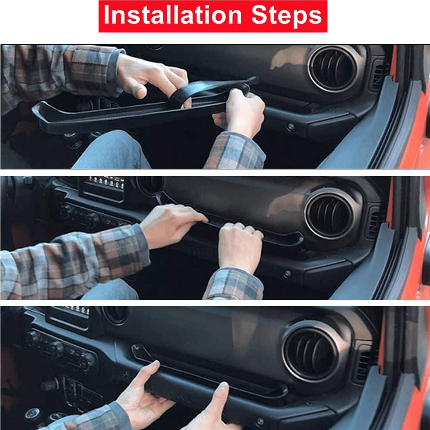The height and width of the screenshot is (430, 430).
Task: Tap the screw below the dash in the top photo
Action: coord(291,126)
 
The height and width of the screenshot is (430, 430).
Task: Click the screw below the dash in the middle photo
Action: coord(287,273)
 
